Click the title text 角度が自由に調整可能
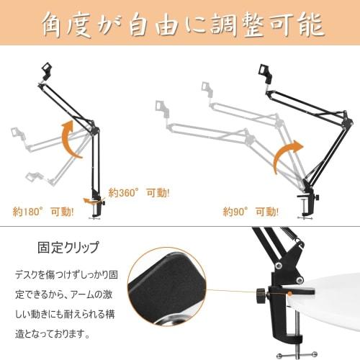180,25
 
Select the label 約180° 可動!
43,212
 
